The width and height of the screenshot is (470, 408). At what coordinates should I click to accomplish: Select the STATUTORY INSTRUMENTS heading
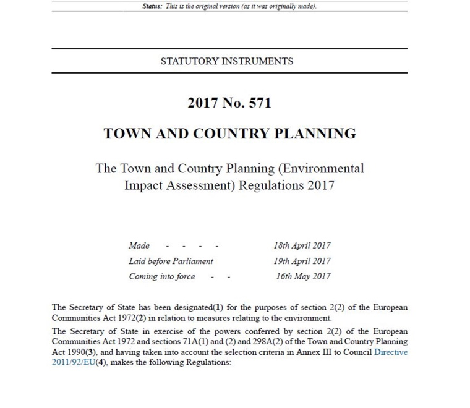click(x=226, y=61)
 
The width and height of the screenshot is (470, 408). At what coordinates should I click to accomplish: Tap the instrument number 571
click(x=259, y=103)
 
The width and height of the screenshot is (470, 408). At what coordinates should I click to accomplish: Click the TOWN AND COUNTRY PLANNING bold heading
click(x=229, y=134)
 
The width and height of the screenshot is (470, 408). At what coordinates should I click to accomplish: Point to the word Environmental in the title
click(x=318, y=168)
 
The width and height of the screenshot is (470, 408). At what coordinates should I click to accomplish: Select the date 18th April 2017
click(x=302, y=245)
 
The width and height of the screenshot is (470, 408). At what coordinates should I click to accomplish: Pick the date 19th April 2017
click(x=302, y=261)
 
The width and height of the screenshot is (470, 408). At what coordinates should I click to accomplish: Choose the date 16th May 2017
click(x=303, y=276)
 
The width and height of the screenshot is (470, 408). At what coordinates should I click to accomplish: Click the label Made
click(x=139, y=245)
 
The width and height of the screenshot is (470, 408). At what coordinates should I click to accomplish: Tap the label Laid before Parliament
click(x=171, y=261)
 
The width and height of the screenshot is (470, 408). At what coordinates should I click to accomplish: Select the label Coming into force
click(x=161, y=276)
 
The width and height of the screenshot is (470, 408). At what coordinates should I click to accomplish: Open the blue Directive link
click(x=391, y=352)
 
